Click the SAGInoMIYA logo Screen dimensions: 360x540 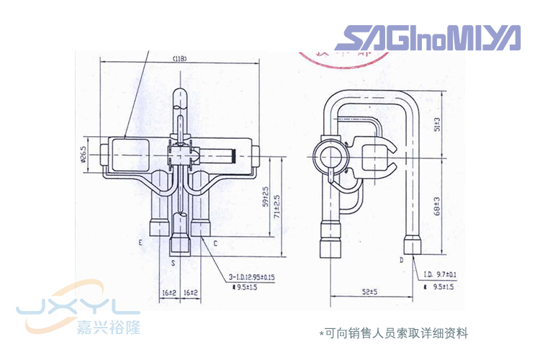[427, 37]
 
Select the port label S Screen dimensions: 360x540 [173, 264]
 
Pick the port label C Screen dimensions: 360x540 [215, 243]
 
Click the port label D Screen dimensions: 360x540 [401, 258]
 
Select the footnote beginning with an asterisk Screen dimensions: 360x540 [393, 333]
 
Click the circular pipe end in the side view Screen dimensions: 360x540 [333, 154]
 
